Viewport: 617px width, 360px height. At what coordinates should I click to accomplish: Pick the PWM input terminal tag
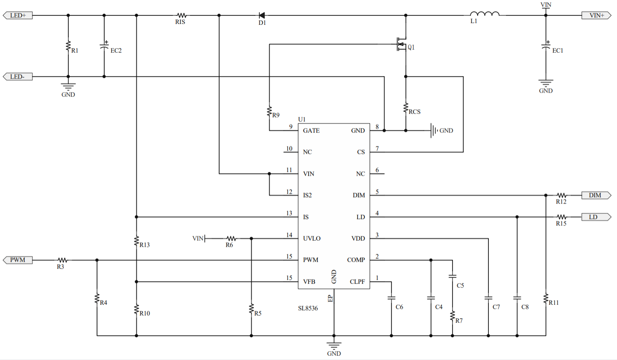point(18,260)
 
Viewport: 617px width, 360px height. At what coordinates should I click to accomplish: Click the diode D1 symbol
point(261,15)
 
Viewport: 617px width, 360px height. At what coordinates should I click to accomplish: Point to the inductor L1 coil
point(485,14)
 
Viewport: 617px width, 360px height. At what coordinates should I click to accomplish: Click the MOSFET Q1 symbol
point(402,44)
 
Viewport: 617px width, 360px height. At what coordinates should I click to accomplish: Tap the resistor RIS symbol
point(182,15)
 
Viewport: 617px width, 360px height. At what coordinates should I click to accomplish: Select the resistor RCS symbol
point(405,108)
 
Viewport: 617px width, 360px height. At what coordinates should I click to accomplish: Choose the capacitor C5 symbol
point(452,277)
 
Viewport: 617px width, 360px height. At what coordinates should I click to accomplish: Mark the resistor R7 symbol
point(452,316)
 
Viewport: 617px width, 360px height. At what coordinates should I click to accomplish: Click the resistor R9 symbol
point(269,112)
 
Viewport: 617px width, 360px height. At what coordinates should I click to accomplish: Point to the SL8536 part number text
point(308,308)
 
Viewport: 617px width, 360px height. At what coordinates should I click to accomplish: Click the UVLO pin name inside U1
point(311,239)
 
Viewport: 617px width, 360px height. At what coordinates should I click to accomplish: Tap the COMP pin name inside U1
point(356,260)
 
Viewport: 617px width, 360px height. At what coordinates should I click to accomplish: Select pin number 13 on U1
point(289,213)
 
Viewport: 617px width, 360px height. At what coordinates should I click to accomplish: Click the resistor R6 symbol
point(231,239)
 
